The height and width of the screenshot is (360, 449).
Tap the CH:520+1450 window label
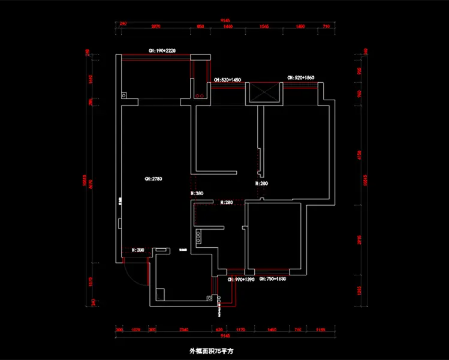click(x=227, y=80)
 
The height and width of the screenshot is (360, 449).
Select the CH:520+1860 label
click(x=300, y=78)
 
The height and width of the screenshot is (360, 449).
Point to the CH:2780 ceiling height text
click(x=153, y=179)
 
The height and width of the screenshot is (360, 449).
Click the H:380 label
click(x=197, y=194)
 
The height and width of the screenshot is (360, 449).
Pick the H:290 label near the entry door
click(x=137, y=249)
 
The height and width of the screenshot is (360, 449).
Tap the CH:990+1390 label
click(x=241, y=280)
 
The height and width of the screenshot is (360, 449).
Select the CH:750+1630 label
click(x=273, y=280)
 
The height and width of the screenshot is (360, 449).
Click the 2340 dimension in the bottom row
click(x=184, y=329)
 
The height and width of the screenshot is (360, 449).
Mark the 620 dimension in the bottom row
click(x=219, y=329)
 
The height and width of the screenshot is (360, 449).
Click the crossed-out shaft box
click(x=264, y=93)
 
